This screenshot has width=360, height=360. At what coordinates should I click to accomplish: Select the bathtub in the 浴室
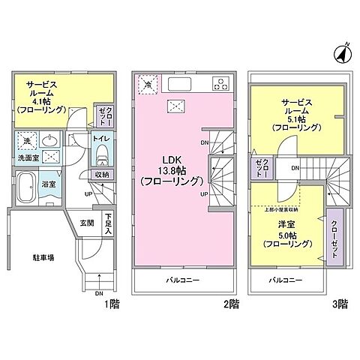pyautogui.click(x=27, y=185)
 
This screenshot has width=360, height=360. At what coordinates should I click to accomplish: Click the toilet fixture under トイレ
pyautogui.click(x=103, y=157)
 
